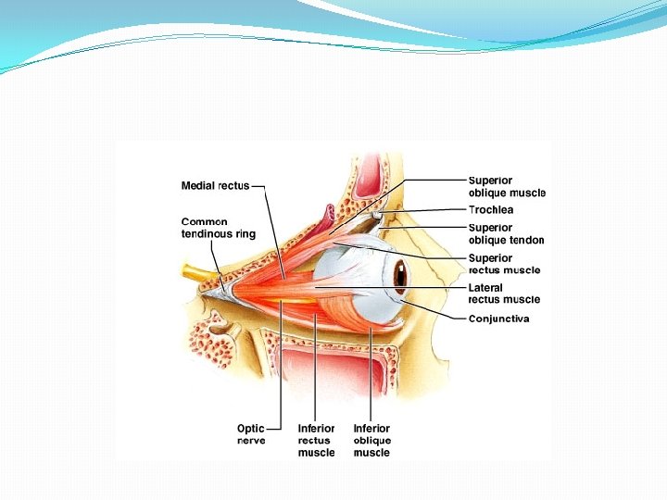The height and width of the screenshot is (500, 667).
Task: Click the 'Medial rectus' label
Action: (x=215, y=186)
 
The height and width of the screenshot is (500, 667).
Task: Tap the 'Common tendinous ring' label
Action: (x=218, y=228)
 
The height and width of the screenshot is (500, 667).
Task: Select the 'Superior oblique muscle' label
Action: (x=506, y=187)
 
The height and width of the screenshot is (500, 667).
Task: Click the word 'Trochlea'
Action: (x=491, y=210)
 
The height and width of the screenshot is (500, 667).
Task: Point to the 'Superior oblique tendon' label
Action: (x=506, y=233)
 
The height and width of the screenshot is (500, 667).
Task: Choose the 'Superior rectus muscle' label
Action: (x=504, y=264)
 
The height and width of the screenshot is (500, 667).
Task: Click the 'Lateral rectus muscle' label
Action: (x=504, y=294)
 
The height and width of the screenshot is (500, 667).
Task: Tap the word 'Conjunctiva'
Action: (x=498, y=319)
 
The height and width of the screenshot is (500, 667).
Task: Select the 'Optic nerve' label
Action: (x=250, y=434)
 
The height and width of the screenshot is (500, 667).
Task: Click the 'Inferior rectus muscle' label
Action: (x=316, y=440)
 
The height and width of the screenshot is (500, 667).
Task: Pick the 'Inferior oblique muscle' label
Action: (x=371, y=440)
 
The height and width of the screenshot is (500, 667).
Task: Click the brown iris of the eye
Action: (x=400, y=274)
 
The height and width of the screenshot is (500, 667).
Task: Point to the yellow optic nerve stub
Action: (x=196, y=273)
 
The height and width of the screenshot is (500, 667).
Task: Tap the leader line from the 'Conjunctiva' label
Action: (x=435, y=309)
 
